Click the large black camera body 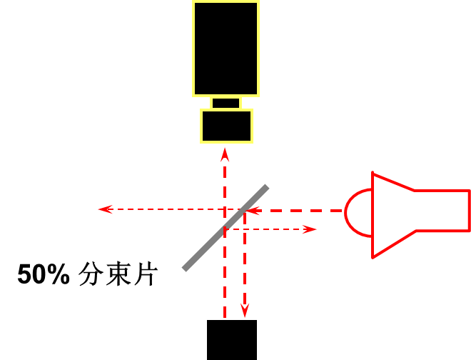click(x=226, y=49)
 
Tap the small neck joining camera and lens click(x=226, y=103)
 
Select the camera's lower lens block click(x=226, y=126)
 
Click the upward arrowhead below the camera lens click(x=225, y=154)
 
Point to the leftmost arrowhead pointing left click(x=105, y=209)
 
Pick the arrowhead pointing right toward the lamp click(x=310, y=229)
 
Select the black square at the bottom click(x=231, y=340)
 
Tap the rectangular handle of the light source click(x=442, y=211)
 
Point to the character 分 click(x=90, y=275)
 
